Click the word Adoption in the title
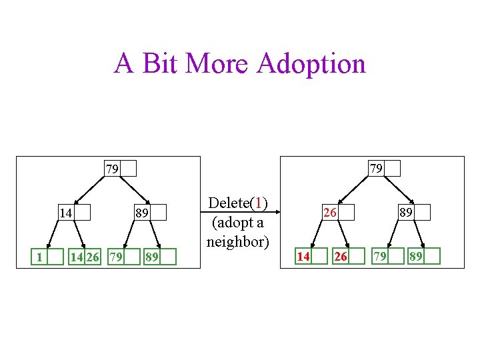[x=311, y=64]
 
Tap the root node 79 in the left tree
[x=120, y=168]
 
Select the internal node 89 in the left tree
[x=150, y=213]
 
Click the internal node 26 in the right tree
[x=337, y=213]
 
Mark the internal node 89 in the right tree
[x=414, y=213]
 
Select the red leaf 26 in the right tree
[x=349, y=256]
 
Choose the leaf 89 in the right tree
[x=424, y=256]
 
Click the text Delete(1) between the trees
[x=238, y=203]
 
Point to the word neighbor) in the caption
[x=238, y=241]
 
